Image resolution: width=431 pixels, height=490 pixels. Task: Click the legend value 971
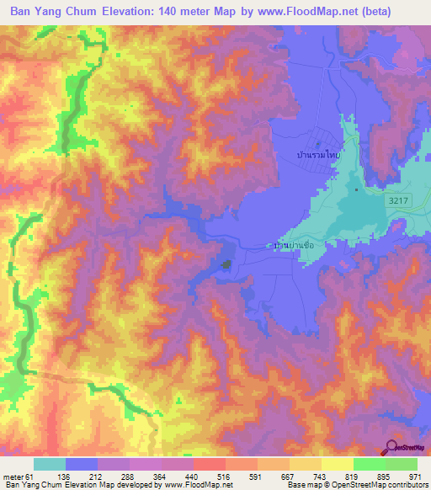coord(415,476)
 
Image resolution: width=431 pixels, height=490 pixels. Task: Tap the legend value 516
coord(225,476)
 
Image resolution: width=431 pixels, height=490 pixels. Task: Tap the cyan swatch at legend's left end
coord(50,464)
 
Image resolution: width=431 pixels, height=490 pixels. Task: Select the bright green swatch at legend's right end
coord(401,464)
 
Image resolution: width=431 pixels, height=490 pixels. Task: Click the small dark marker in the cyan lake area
coord(356,189)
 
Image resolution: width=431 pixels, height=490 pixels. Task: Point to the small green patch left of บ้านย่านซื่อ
coord(226,265)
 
